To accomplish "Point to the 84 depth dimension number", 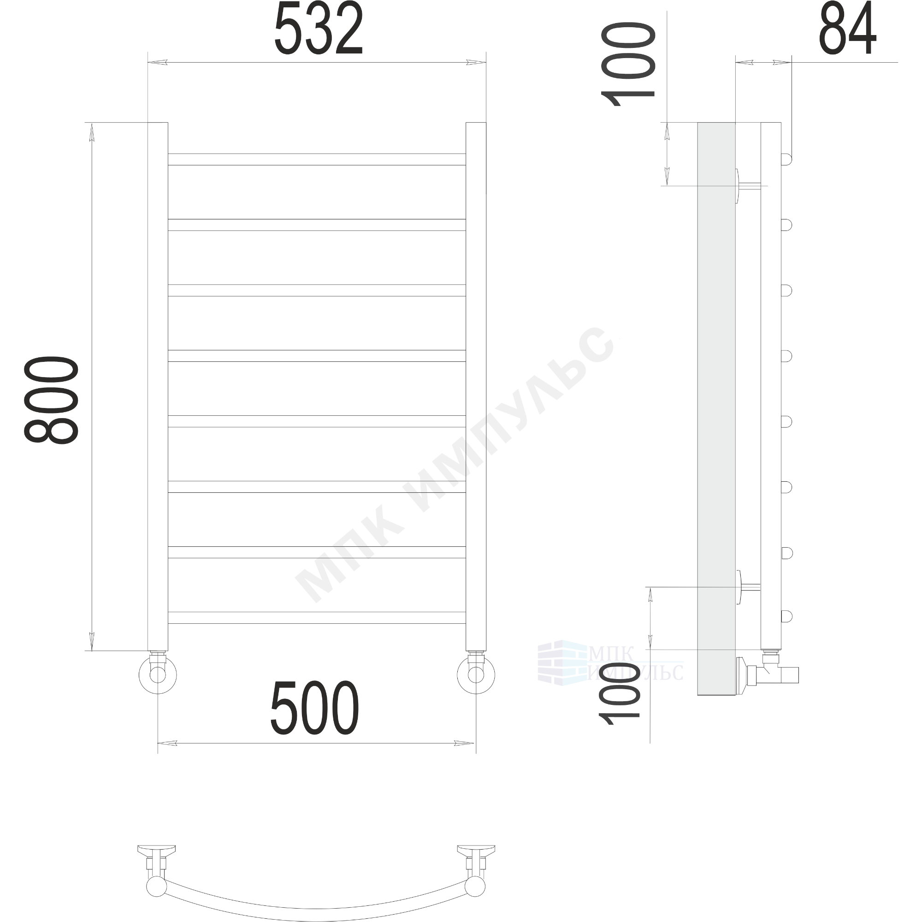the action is [x=848, y=28].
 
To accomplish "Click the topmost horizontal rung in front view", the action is [x=317, y=160].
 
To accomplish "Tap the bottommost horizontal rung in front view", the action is [x=317, y=618].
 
